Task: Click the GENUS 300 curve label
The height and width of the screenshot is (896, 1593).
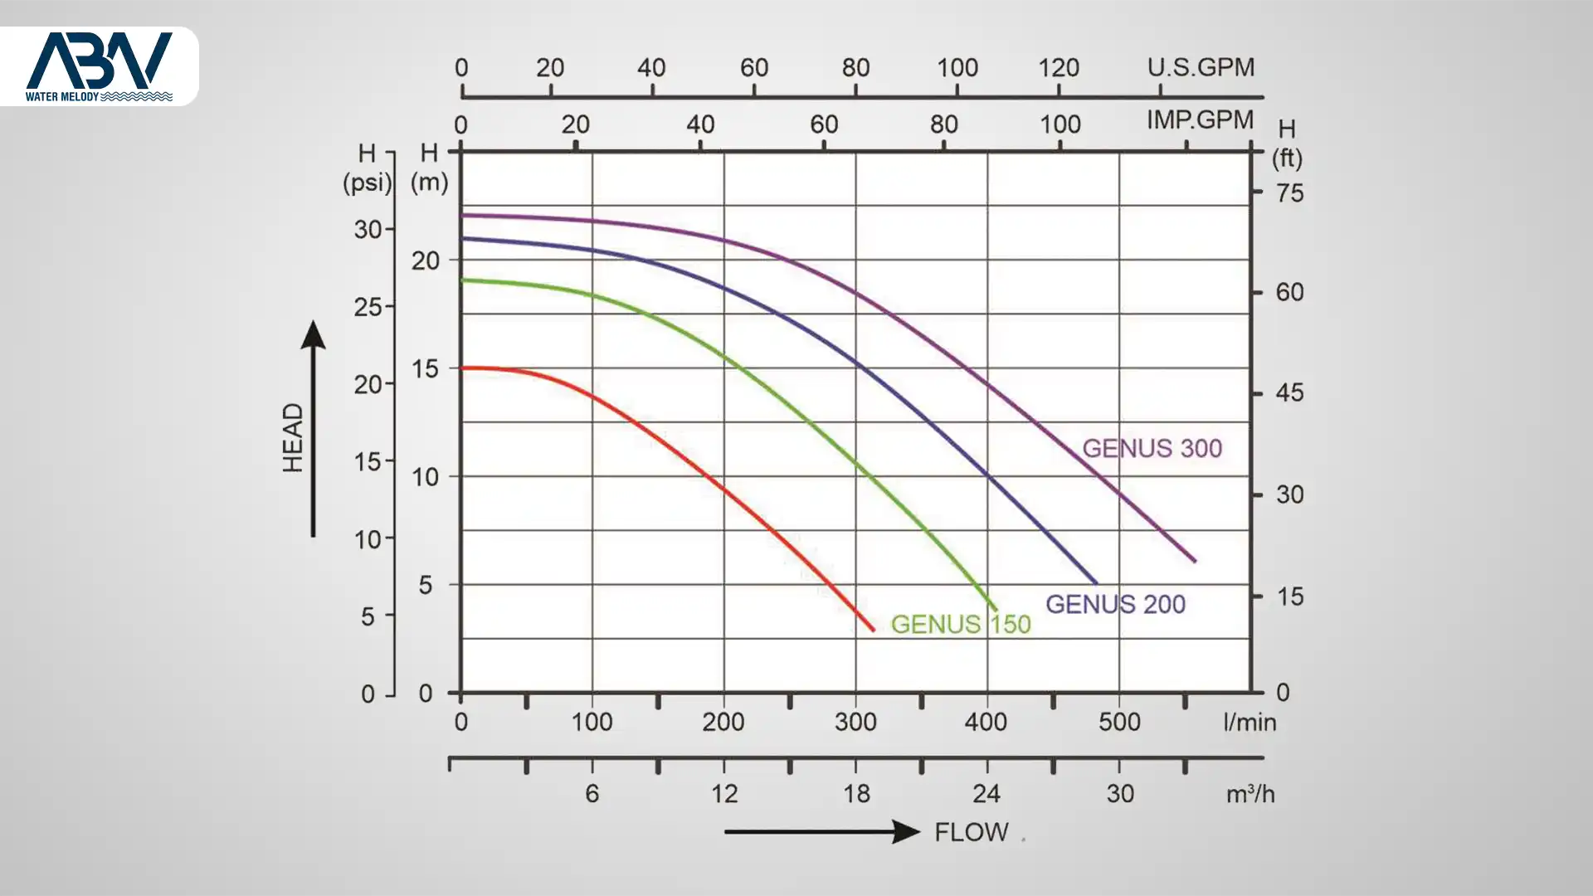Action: pyautogui.click(x=1152, y=448)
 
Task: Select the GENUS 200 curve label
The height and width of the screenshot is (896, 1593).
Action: pyautogui.click(x=1115, y=604)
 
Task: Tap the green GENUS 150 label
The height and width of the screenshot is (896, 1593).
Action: pyautogui.click(x=961, y=624)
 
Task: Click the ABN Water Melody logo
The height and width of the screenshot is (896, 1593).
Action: pyautogui.click(x=99, y=66)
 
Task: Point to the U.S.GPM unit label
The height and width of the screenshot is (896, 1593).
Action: pyautogui.click(x=1201, y=67)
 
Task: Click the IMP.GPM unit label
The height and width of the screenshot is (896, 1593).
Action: pyautogui.click(x=1200, y=119)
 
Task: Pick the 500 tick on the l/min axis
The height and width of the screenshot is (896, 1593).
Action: pyautogui.click(x=1119, y=722)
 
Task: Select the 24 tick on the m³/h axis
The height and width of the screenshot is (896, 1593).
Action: pyautogui.click(x=986, y=794)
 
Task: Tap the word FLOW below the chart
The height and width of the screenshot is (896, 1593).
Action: pyautogui.click(x=972, y=832)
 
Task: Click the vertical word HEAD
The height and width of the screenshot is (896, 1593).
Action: pyautogui.click(x=293, y=437)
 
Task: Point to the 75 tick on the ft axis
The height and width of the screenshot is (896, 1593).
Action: pyautogui.click(x=1289, y=193)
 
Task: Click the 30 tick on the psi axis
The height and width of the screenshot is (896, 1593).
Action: pyautogui.click(x=368, y=229)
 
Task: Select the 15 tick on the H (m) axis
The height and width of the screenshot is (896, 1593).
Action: pyautogui.click(x=426, y=368)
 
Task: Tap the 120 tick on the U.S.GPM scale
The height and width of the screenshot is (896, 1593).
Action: pyautogui.click(x=1059, y=68)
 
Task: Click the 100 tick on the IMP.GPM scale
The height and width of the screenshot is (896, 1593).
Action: pyautogui.click(x=1060, y=124)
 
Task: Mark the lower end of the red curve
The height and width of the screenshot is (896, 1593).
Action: pyautogui.click(x=873, y=630)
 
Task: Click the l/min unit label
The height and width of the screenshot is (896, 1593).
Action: pyautogui.click(x=1250, y=722)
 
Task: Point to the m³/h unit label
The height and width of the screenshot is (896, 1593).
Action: pyautogui.click(x=1250, y=794)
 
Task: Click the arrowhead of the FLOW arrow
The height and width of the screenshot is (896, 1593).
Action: pyautogui.click(x=907, y=831)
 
